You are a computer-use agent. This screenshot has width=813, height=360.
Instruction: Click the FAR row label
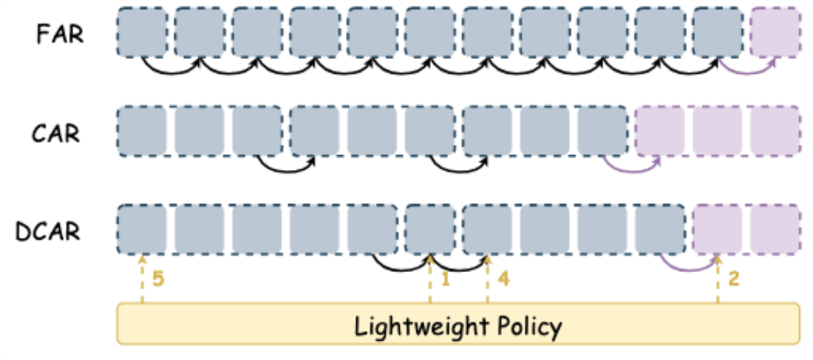[x=60, y=35]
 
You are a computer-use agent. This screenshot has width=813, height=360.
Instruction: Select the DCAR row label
[x=49, y=231]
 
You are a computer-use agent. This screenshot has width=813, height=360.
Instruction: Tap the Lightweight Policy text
[x=458, y=326]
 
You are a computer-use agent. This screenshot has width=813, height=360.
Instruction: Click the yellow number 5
[x=157, y=279]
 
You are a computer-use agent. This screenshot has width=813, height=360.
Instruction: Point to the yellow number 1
[x=444, y=279]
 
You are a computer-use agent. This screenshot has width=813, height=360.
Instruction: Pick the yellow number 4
[x=503, y=279]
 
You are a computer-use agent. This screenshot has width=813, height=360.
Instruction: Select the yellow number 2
[x=733, y=279]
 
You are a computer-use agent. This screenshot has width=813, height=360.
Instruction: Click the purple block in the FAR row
[x=775, y=32]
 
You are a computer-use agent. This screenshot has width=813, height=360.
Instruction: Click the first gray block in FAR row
[x=142, y=32]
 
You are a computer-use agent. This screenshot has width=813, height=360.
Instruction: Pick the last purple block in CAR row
[x=775, y=131]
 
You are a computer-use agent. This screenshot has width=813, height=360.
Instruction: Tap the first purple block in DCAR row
[x=717, y=228]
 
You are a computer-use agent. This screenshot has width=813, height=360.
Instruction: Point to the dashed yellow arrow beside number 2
[x=718, y=285]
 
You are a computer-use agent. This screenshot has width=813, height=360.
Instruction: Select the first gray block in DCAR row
[x=142, y=228]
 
